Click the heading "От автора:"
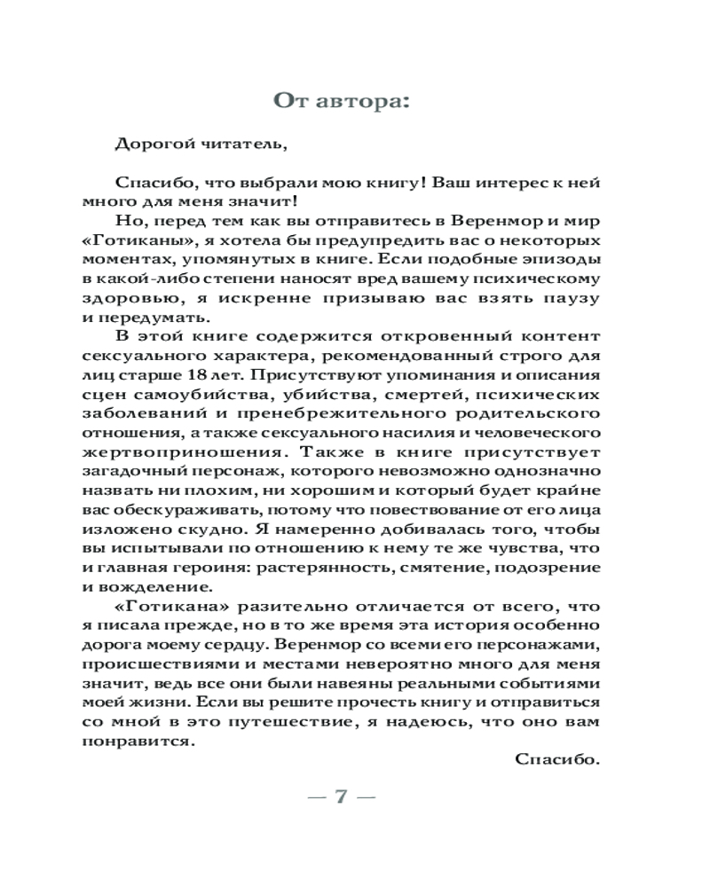coord(342,100)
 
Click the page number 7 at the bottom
coord(341,796)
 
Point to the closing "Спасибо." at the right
coord(557,758)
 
